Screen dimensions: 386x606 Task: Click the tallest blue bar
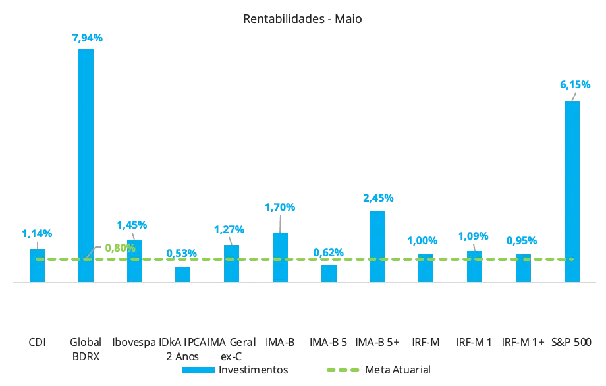point(86,165)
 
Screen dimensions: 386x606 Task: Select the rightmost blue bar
point(572,191)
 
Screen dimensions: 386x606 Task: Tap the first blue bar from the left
point(37,265)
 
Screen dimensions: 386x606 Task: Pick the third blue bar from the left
point(134,260)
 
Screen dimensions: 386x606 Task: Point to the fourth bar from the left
point(183,273)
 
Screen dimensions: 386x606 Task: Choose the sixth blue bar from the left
point(280,257)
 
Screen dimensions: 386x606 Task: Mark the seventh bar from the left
point(329,271)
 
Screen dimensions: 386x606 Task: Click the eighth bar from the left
point(377,246)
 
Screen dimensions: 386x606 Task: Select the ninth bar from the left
point(426,267)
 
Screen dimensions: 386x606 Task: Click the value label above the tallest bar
point(87,38)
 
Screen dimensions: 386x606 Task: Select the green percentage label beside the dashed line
point(121,248)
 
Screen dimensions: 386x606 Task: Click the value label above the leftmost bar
point(37,233)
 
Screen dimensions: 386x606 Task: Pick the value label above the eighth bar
point(378,197)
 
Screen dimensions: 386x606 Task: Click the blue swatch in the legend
point(198,370)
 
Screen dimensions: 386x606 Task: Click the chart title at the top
point(302,18)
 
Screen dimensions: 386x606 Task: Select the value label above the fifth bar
point(230,229)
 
